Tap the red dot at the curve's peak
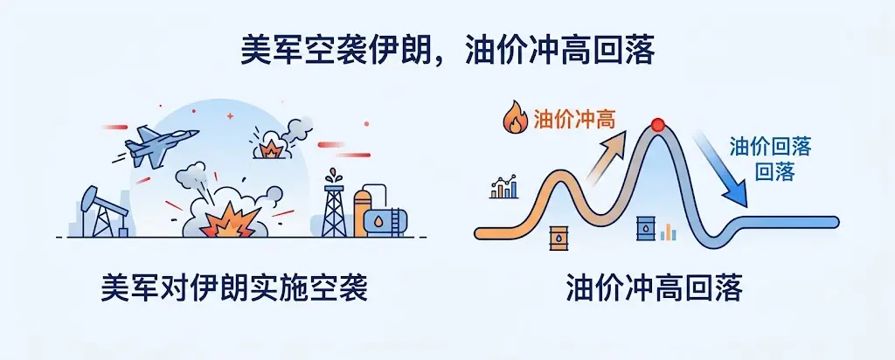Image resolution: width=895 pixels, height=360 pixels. tap(658, 124)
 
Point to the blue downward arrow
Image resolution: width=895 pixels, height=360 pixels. tap(718, 169)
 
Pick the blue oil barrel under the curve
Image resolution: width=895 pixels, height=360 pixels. tap(646, 228)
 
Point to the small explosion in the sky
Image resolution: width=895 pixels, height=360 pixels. tap(270, 149)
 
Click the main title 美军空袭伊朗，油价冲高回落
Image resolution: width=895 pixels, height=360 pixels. tap(447, 50)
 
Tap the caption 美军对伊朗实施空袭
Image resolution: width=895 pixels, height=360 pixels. tap(234, 289)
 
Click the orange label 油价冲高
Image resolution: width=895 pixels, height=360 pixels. tap(575, 119)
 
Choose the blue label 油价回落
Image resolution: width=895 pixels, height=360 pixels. tap(771, 148)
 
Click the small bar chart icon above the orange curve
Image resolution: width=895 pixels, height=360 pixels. tap(504, 187)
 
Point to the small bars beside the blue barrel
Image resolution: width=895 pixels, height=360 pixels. tap(669, 232)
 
